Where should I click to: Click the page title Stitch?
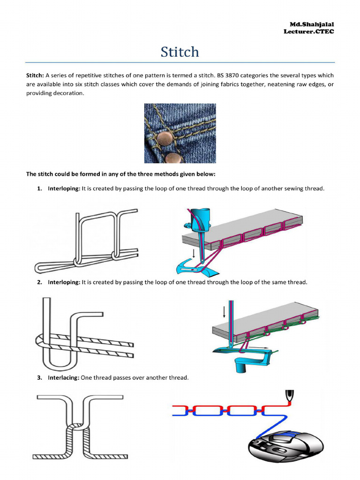point(180,52)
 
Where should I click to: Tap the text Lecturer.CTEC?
point(309,31)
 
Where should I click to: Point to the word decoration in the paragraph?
point(68,93)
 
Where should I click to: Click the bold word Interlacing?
point(63,378)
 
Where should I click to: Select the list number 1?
point(39,188)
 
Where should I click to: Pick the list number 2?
point(39,282)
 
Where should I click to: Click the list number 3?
point(39,378)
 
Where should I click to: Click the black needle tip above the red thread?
point(290,395)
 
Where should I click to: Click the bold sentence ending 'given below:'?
point(120,174)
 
